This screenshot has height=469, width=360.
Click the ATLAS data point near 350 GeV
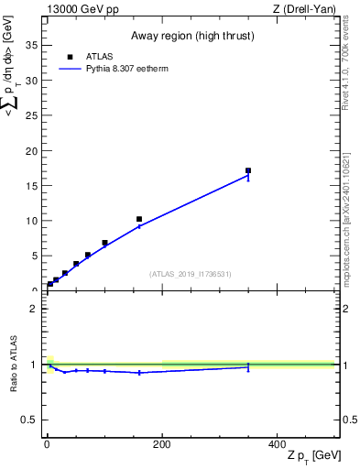(x=248, y=170)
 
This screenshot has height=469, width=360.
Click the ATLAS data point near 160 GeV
(x=139, y=219)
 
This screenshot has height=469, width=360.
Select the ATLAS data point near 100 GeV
(x=104, y=243)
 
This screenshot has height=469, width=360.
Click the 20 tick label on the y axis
(x=31, y=150)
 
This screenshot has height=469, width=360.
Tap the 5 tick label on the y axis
(x=34, y=256)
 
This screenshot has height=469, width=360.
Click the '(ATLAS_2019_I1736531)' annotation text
(x=191, y=274)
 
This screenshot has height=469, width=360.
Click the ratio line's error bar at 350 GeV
(x=248, y=366)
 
